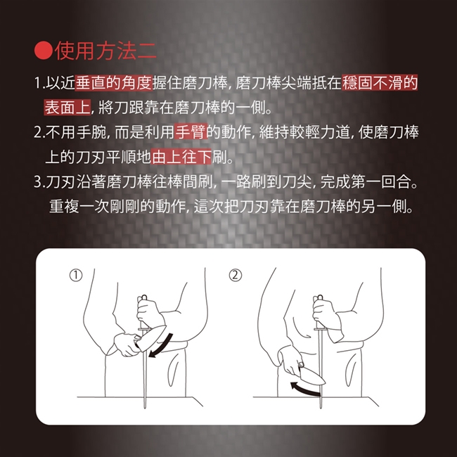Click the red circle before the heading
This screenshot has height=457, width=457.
tap(44, 51)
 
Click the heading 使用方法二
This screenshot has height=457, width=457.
tap(105, 51)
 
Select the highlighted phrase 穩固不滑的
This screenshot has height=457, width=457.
tap(380, 83)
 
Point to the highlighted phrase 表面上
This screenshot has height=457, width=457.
tap(67, 108)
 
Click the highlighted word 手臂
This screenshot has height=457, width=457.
tap(191, 132)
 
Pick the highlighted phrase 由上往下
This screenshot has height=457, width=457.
tap(181, 157)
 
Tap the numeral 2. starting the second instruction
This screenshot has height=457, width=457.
tap(39, 132)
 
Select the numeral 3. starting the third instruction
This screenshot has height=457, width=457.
tap(39, 182)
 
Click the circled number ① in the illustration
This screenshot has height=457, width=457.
tap(76, 276)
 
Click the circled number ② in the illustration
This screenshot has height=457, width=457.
tap(236, 276)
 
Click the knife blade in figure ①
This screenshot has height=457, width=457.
tap(152, 337)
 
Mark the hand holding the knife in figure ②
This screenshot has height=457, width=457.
tap(290, 361)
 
